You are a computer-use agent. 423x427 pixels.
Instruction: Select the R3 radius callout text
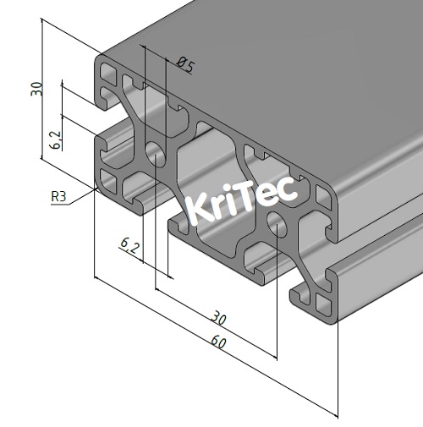point(58,197)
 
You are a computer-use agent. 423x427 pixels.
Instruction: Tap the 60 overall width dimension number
point(218,342)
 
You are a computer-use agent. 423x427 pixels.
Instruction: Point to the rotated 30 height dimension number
point(36,88)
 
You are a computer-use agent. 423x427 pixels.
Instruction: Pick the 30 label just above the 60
point(219,319)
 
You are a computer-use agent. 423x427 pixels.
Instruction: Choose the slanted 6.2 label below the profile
point(129,246)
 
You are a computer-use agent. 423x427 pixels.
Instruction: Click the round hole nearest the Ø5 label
point(156,153)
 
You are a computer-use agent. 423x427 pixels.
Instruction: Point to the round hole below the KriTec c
point(276,223)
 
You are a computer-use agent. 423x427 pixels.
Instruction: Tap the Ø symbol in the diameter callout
point(182,63)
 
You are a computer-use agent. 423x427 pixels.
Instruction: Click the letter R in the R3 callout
point(55,197)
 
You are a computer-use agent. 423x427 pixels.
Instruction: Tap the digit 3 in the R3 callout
point(63,197)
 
